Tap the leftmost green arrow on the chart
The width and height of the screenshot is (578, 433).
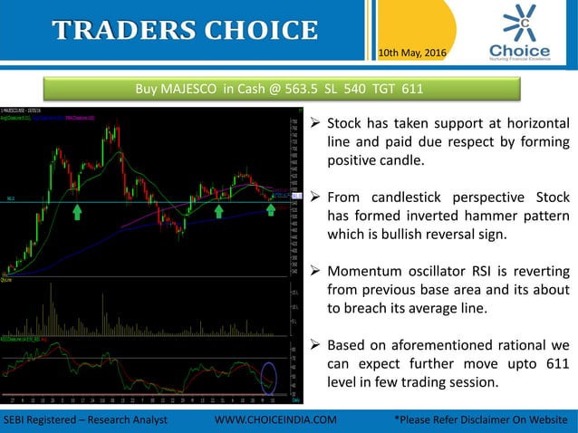[x=78, y=212]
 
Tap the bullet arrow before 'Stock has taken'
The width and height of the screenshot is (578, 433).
[x=314, y=124]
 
